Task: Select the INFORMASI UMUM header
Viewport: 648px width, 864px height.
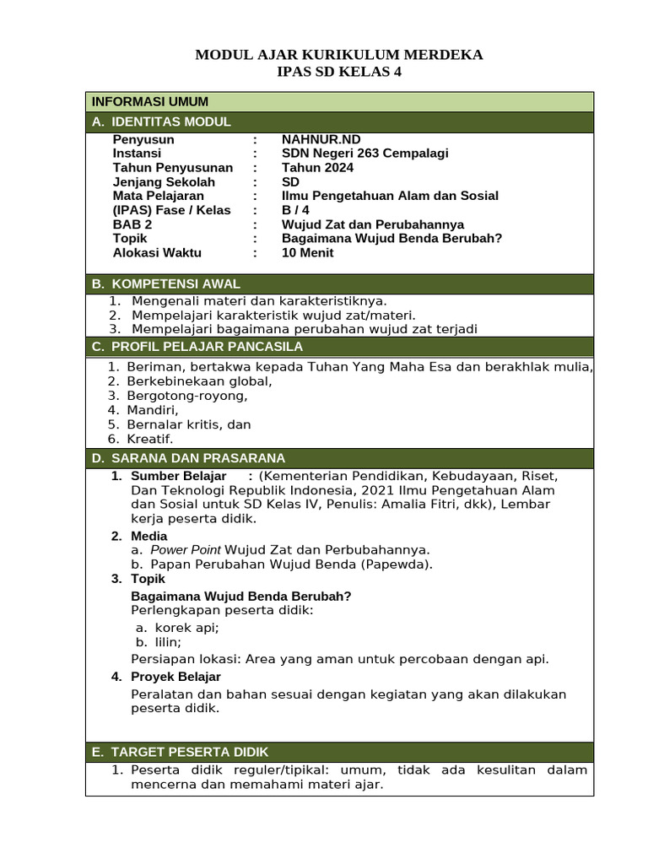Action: click(150, 102)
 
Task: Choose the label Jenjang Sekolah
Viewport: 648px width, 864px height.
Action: click(164, 182)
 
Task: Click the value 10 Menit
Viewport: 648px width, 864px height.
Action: click(307, 253)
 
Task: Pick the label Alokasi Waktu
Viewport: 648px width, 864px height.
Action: click(157, 253)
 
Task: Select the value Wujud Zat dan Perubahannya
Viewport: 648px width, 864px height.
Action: click(373, 224)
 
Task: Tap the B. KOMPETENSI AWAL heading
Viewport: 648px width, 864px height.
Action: click(166, 284)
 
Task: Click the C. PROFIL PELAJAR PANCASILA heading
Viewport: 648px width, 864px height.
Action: click(197, 347)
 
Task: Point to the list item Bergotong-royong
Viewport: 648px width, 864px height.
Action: click(187, 396)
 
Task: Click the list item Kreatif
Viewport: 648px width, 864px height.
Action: click(149, 439)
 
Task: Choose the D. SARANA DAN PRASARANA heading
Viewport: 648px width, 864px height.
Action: click(189, 458)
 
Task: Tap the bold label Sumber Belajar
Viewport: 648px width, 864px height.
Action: click(178, 476)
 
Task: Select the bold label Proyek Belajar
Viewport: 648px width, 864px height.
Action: click(175, 677)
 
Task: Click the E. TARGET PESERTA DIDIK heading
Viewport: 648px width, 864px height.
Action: click(181, 752)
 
